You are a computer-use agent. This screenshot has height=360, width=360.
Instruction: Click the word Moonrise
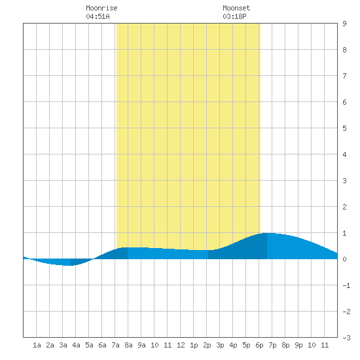101,8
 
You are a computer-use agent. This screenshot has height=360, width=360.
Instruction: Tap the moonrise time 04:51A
98,16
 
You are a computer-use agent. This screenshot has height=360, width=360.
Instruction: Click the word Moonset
236,8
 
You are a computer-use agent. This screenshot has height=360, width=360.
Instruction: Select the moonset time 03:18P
234,16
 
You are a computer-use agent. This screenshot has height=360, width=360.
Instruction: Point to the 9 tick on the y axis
344,24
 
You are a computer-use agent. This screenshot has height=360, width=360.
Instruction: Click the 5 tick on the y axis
344,128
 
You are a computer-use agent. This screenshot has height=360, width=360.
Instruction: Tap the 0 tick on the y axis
344,259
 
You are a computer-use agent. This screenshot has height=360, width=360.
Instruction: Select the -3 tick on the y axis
346,338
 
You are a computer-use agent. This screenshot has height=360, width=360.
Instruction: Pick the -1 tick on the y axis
346,285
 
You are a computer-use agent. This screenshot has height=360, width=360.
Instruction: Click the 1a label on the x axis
37,345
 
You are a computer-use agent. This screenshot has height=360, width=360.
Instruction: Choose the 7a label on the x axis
115,345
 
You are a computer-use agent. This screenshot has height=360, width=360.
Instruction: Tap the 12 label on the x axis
181,345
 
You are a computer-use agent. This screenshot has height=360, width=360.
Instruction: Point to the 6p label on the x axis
259,345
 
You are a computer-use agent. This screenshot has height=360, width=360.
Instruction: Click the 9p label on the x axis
298,345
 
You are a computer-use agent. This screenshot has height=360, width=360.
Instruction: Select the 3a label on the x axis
63,345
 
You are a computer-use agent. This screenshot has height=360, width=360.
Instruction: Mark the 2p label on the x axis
207,345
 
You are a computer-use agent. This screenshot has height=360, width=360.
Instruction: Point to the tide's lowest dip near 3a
67,265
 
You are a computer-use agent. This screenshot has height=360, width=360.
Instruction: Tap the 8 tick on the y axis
344,50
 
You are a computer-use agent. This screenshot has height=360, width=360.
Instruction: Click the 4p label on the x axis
233,345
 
